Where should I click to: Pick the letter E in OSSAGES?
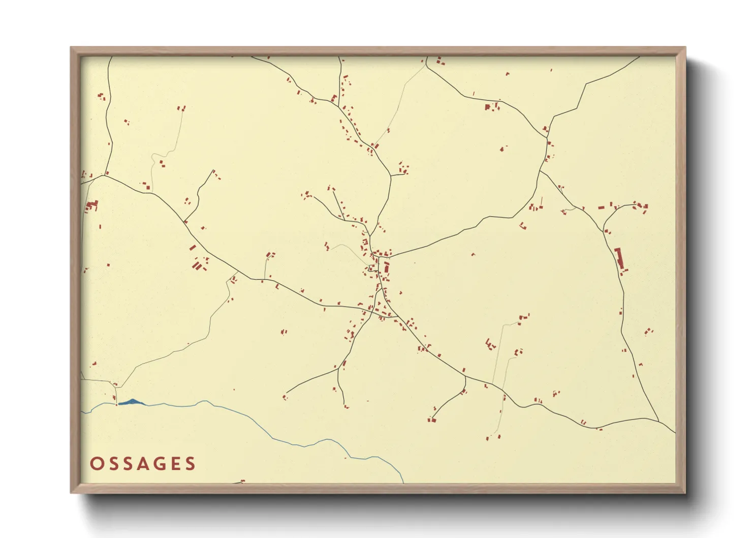click(176, 464)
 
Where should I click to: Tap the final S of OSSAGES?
click(191, 464)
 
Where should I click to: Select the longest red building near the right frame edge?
click(619, 259)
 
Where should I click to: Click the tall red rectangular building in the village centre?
click(387, 267)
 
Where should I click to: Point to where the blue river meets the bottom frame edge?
click(403, 482)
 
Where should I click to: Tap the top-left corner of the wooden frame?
click(71, 48)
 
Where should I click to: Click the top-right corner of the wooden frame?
click(685, 48)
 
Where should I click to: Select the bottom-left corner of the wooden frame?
click(71, 492)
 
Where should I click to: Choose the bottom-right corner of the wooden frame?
click(685, 492)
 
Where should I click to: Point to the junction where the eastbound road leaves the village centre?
click(389, 257)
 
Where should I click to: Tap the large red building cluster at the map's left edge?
click(92, 205)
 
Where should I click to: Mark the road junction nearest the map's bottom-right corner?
click(659, 422)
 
